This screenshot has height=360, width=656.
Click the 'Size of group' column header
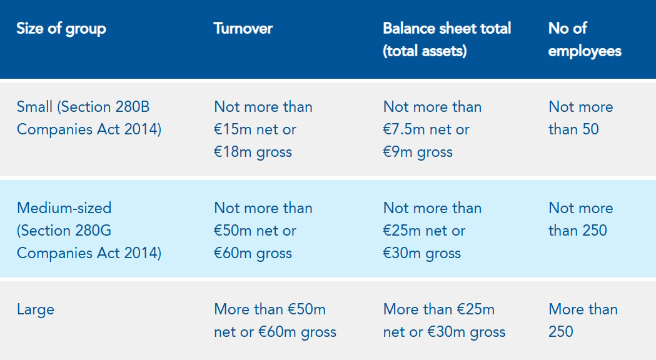(61, 29)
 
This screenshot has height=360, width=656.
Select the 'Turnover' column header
(243, 29)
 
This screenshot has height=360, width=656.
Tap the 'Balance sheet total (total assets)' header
(447, 39)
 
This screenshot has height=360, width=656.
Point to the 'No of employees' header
(584, 39)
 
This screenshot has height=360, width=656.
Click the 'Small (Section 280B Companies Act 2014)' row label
(89, 118)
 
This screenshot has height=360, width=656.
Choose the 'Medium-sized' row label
(64, 208)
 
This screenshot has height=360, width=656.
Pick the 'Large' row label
(36, 309)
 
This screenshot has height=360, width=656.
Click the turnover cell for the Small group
(263, 129)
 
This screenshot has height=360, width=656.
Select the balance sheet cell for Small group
(432, 129)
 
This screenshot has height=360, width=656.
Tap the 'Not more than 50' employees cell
(580, 118)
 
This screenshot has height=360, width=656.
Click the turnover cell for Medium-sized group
(263, 231)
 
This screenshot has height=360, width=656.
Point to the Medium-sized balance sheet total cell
(432, 231)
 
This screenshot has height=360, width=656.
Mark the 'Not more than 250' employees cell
(580, 219)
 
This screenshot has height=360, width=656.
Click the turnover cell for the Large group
(275, 321)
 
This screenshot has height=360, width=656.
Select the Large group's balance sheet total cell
(444, 321)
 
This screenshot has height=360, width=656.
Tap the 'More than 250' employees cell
(583, 321)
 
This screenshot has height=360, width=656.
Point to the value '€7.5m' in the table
(405, 129)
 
